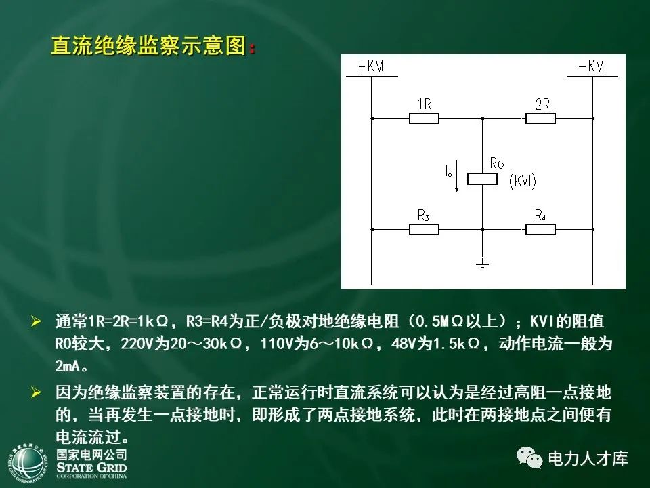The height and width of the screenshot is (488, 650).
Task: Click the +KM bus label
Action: click(370, 66)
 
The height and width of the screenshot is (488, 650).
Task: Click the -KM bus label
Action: click(591, 66)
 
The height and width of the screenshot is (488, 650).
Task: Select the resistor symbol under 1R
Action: click(424, 119)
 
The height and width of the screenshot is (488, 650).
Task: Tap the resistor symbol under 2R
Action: click(541, 119)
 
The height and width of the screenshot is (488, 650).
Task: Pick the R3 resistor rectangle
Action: click(424, 229)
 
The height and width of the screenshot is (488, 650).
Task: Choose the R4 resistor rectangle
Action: click(541, 229)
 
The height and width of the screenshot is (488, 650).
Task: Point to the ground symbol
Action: click(482, 264)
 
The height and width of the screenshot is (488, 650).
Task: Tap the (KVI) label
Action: click(522, 181)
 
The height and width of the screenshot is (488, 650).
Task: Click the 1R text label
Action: click(425, 104)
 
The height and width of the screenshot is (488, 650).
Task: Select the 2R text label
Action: click(542, 104)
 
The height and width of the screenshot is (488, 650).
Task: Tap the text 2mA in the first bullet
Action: click(70, 367)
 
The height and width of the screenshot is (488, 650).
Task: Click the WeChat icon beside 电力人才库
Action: click(529, 458)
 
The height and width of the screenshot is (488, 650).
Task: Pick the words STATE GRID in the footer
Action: click(91, 467)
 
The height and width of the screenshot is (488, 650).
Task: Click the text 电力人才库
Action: click(588, 459)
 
